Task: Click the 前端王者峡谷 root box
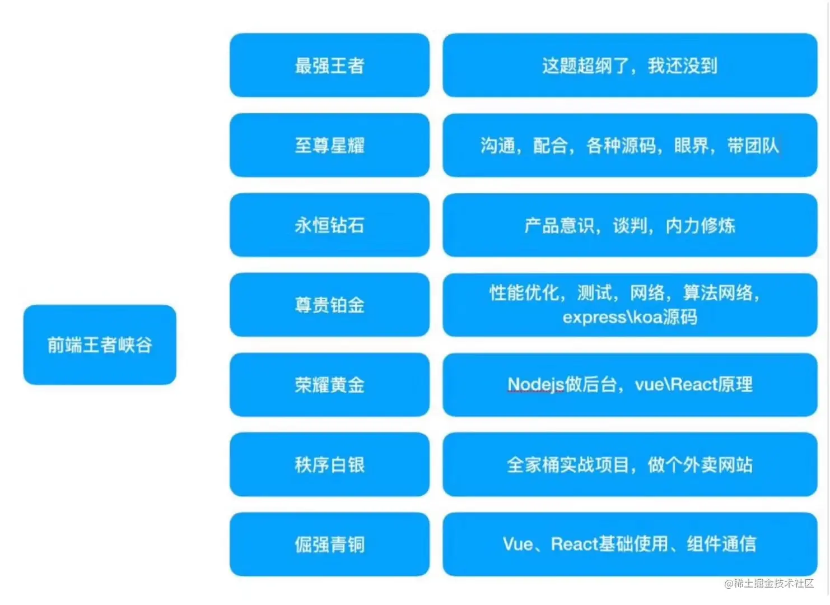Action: (100, 345)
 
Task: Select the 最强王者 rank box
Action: (329, 66)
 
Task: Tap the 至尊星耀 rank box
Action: (329, 146)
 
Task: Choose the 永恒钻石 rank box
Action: (329, 225)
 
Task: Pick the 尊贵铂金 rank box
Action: (329, 305)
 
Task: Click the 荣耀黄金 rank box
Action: (329, 385)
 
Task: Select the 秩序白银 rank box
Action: (329, 464)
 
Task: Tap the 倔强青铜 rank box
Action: (329, 544)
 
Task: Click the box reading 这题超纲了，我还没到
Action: (630, 66)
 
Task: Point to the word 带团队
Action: (753, 146)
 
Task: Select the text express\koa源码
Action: (630, 317)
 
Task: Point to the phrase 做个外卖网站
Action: (700, 464)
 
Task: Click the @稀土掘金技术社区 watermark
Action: (768, 583)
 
